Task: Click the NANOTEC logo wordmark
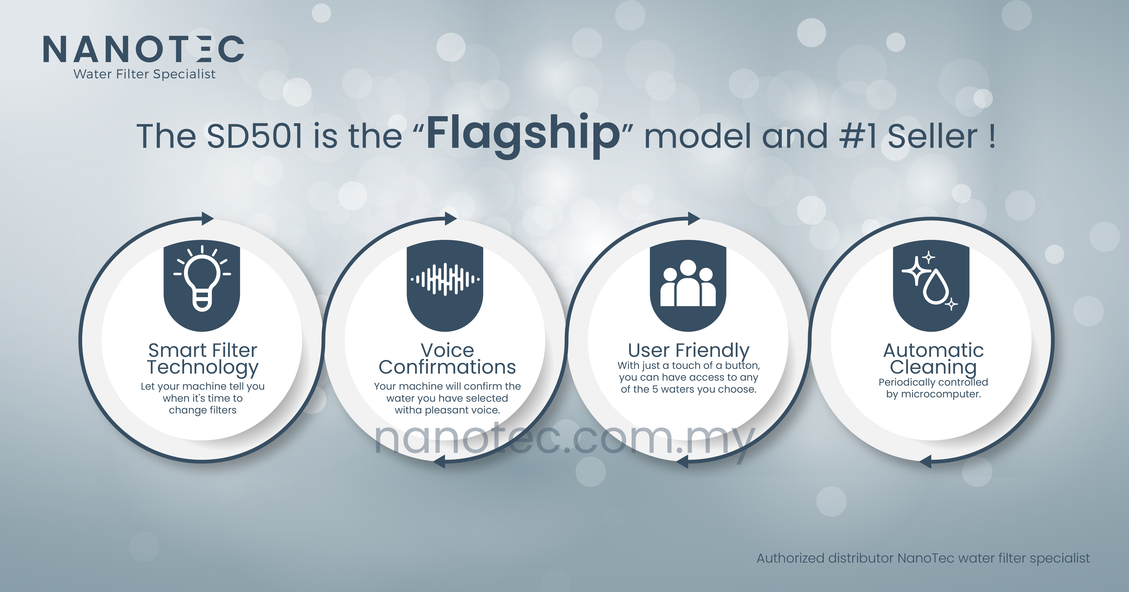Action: coord(143,49)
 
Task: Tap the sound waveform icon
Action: coord(445,279)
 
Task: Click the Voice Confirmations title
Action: coord(447,359)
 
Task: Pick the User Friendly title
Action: coord(689,351)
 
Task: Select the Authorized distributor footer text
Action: coord(923,558)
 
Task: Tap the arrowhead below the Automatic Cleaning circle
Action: coord(925,461)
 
